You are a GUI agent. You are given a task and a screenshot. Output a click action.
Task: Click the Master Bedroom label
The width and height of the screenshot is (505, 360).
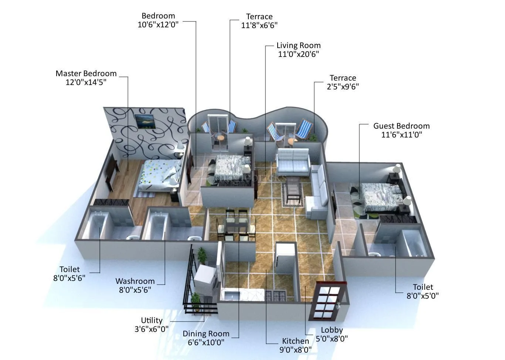tap(86, 74)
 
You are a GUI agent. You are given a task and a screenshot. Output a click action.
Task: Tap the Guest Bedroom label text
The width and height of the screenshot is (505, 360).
tap(401, 126)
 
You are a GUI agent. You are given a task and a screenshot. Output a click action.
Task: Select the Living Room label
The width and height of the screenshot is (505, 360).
tap(298, 45)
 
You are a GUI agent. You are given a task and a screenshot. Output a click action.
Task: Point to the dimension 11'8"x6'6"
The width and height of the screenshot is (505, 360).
tap(259, 26)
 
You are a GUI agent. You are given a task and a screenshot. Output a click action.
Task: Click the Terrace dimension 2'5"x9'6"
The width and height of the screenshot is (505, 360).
tap(343, 87)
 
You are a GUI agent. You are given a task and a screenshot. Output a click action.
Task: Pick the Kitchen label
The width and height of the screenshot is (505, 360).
tap(295, 341)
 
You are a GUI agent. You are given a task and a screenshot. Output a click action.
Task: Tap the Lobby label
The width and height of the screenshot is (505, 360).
tap(332, 330)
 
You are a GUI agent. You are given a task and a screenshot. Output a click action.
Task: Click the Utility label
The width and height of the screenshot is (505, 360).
tap(152, 320)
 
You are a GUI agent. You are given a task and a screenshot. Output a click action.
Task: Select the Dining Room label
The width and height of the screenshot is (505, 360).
tap(206, 334)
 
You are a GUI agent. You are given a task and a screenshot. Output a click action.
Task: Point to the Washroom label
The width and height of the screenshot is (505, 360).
tap(135, 281)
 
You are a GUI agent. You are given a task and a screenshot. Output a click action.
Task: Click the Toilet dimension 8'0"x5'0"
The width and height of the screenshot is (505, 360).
tap(423, 296)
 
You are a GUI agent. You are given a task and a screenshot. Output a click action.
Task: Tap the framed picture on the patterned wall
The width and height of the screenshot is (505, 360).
tap(145, 121)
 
